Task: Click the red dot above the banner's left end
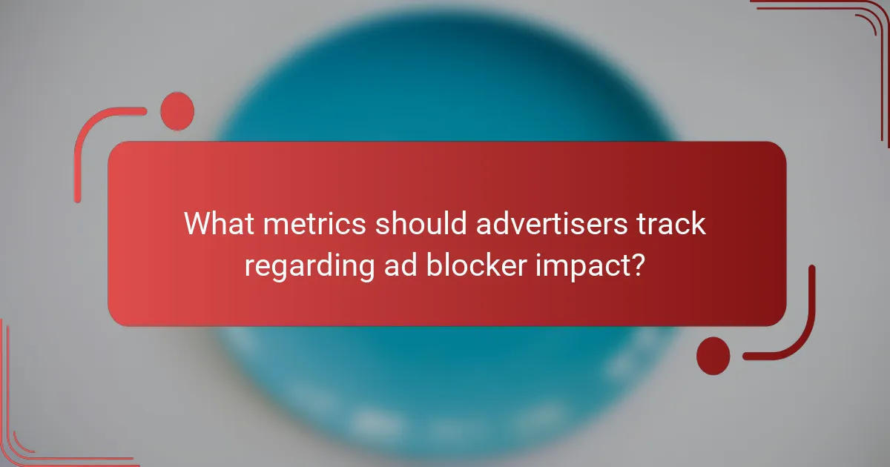point(177,111)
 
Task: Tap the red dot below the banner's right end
point(713,355)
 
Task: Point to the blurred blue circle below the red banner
point(445,385)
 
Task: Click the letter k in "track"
point(698,223)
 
